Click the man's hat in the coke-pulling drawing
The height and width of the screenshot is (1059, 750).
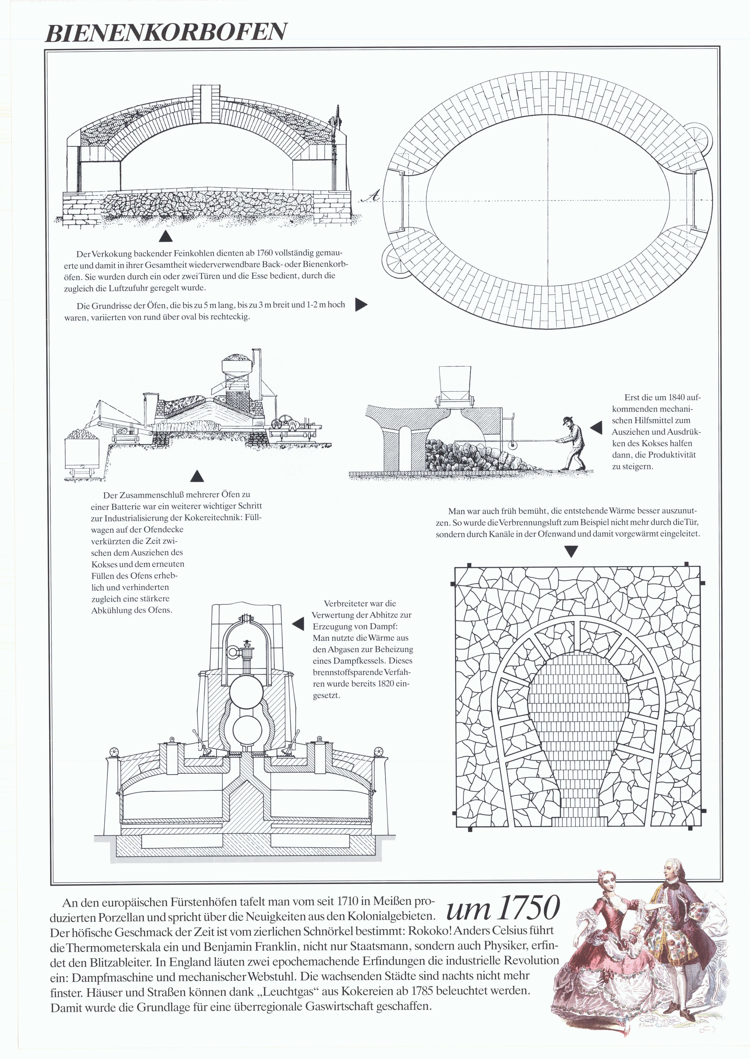(567, 420)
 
